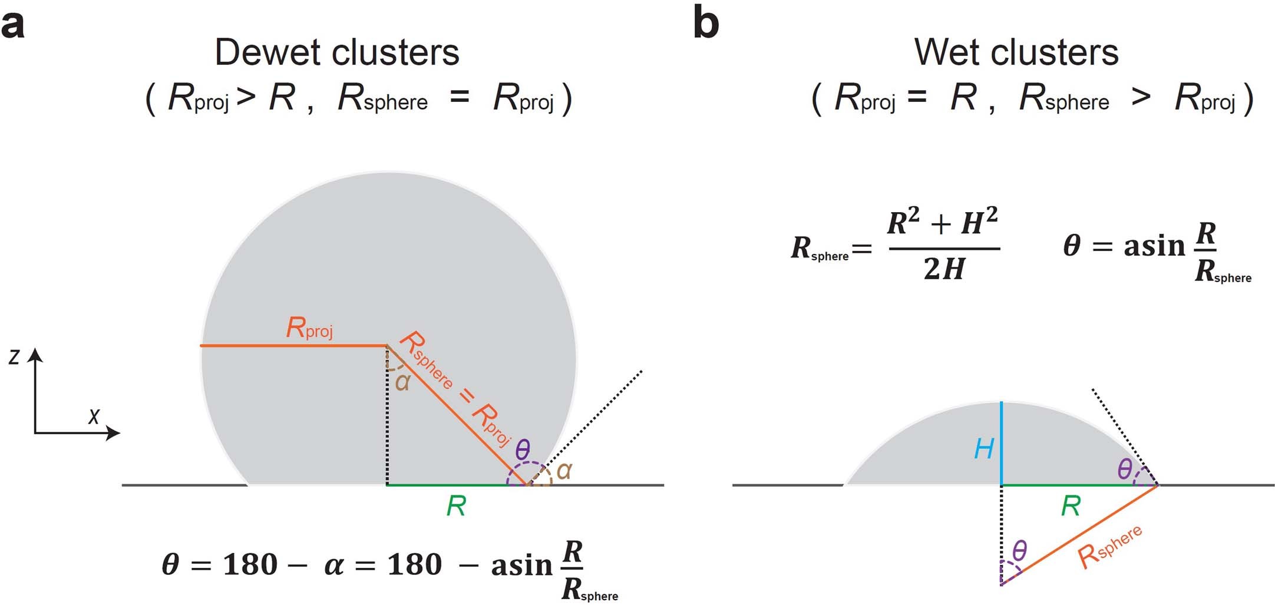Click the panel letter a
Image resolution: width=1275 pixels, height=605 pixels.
pyautogui.click(x=13, y=25)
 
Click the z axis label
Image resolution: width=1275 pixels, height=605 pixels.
pyautogui.click(x=14, y=356)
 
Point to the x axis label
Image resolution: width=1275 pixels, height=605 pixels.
pyautogui.click(x=94, y=416)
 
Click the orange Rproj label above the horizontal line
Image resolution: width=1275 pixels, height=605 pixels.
pyautogui.click(x=309, y=328)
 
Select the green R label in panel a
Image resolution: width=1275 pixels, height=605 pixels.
pyautogui.click(x=456, y=506)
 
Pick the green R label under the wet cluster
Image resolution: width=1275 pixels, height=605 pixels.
pyautogui.click(x=1071, y=506)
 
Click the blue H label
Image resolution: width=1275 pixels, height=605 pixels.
pyautogui.click(x=984, y=449)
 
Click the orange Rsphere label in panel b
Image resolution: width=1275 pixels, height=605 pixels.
pyautogui.click(x=1109, y=547)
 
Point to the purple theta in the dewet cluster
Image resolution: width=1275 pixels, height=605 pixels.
pyautogui.click(x=523, y=450)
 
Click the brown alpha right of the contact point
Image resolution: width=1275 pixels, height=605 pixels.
pyautogui.click(x=564, y=471)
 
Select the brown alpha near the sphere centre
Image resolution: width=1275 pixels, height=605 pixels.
pyautogui.click(x=402, y=382)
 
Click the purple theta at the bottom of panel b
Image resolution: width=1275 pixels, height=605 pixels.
pyautogui.click(x=1019, y=551)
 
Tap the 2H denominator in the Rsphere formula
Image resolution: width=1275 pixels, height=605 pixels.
pyautogui.click(x=944, y=269)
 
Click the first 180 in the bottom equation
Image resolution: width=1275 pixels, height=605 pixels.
pyautogui.click(x=250, y=565)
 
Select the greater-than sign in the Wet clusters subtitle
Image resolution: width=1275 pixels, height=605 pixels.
pyautogui.click(x=1141, y=97)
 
